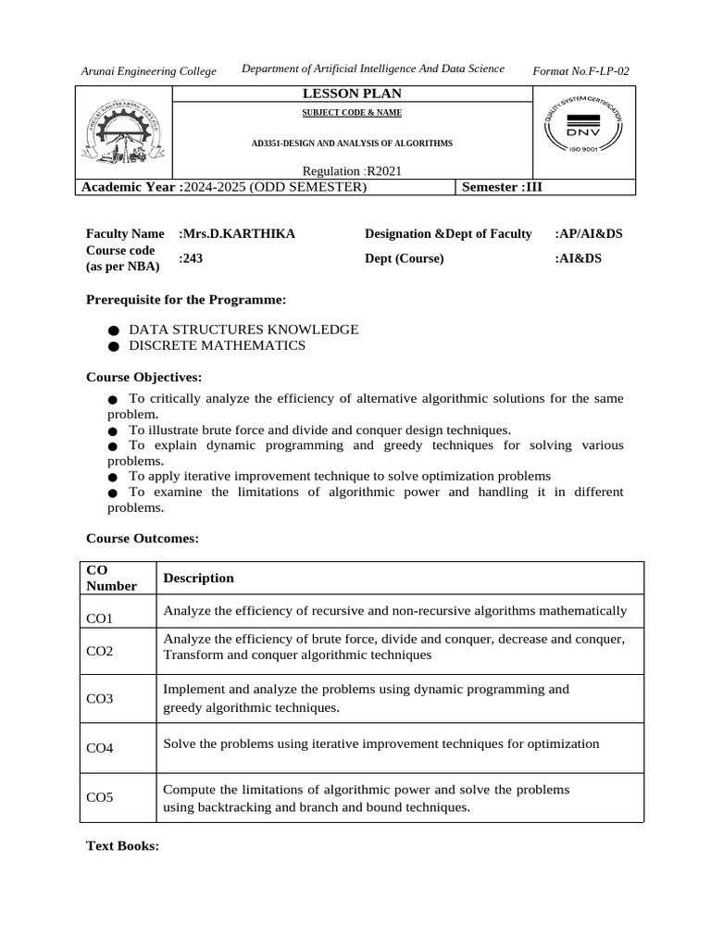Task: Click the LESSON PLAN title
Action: coord(352,94)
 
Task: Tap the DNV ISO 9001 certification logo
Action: coord(583,131)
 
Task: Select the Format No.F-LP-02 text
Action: coord(581,71)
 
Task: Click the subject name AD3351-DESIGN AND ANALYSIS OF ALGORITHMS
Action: coord(352,144)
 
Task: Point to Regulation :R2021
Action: coord(352,171)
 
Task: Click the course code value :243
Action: coord(191,258)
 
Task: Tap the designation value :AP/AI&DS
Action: coord(589,234)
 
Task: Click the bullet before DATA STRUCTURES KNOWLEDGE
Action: coord(113,331)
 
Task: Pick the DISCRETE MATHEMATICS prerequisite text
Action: coord(217,345)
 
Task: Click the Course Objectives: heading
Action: coord(143,377)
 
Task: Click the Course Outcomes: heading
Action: coord(143,538)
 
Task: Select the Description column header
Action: coord(198,578)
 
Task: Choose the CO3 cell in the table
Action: coord(99,699)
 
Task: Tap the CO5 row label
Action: coord(99,797)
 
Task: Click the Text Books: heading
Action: coord(123,846)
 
